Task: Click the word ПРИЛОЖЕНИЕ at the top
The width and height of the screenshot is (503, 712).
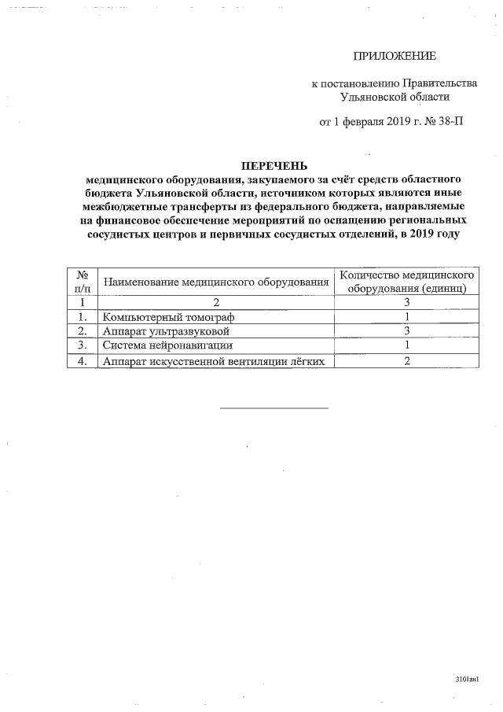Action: (x=395, y=56)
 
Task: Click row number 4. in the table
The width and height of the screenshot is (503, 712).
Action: (x=82, y=360)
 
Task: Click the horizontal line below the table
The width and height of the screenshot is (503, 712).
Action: (x=274, y=408)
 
